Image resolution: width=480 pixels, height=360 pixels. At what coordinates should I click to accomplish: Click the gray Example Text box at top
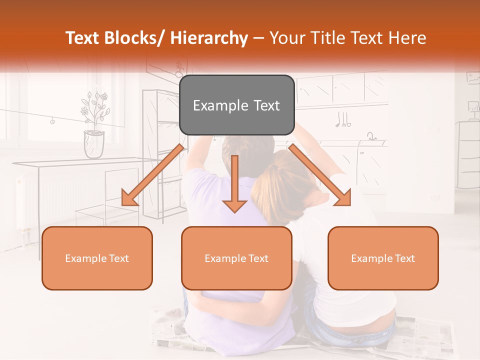click(236, 105)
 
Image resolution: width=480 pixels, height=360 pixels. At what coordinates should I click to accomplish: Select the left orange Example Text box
click(97, 258)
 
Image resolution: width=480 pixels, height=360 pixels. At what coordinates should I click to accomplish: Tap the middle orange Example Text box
click(236, 258)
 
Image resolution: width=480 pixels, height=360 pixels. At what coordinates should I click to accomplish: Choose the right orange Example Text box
click(383, 258)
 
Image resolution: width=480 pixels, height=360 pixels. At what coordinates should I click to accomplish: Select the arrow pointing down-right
click(320, 175)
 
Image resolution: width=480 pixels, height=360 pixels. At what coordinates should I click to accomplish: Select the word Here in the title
click(407, 38)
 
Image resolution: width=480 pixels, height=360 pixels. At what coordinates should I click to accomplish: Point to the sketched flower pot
click(94, 143)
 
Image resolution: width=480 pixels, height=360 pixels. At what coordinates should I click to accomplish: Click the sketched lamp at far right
click(472, 107)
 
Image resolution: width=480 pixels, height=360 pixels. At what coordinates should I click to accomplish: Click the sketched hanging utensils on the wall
click(343, 120)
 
